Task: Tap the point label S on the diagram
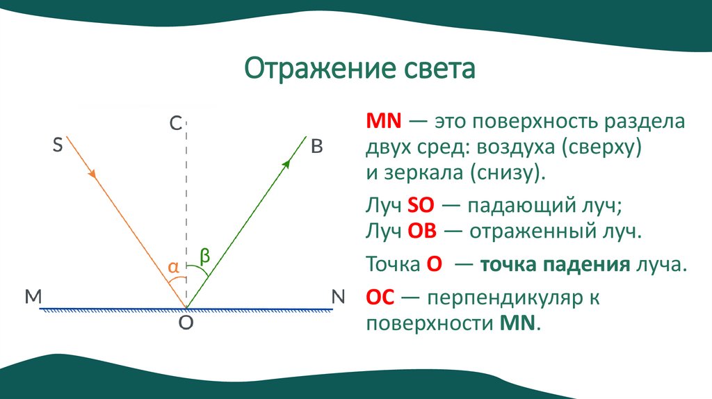pos(58,145)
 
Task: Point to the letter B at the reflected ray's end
pos(317,146)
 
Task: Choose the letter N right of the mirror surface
pos(338,297)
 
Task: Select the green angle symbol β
pos(205,255)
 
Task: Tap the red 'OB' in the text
pos(421,231)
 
